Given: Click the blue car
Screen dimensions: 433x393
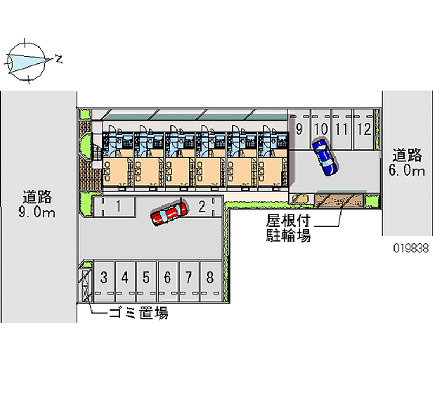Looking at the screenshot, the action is (x=325, y=157).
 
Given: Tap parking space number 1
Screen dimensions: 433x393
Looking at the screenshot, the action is (x=117, y=206).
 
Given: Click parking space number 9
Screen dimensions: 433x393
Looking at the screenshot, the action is (x=299, y=130).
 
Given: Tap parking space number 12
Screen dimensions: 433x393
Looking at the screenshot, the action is (x=364, y=130).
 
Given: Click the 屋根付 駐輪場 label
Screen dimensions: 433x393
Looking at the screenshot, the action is (x=288, y=228).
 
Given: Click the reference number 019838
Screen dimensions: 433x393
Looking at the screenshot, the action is (x=412, y=249).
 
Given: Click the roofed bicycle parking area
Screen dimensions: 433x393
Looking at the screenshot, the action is (x=340, y=200).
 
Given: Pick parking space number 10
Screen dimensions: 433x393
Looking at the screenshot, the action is (x=320, y=130).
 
